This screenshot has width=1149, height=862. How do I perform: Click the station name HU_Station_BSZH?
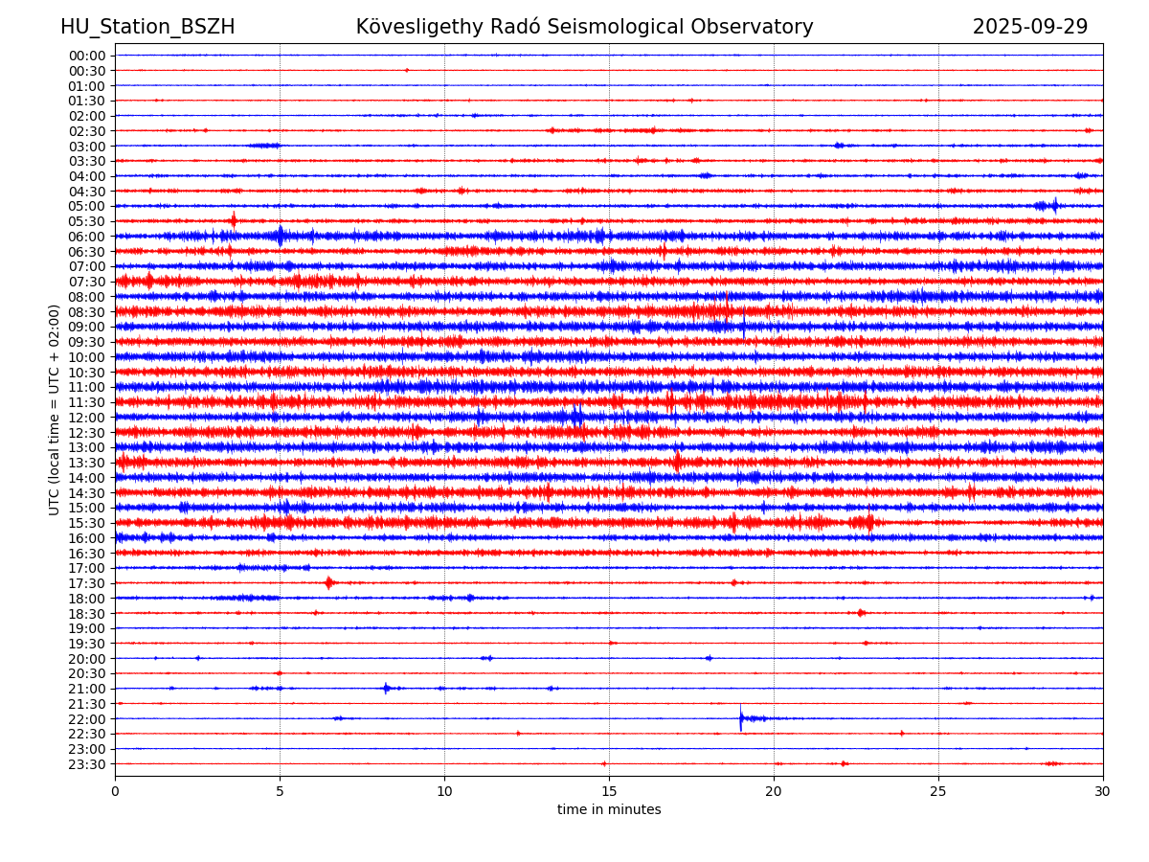point(147,27)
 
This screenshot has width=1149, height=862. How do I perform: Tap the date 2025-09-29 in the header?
point(1030,27)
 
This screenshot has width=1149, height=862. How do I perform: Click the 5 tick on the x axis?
point(280,791)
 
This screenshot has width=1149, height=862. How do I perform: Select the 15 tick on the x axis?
point(609,791)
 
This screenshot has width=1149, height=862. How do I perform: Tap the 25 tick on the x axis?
point(938,791)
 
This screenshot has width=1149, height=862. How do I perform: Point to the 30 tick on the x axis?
point(1103,791)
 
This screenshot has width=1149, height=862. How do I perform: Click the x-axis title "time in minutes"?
point(609,810)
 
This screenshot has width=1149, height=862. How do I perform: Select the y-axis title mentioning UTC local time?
point(55,410)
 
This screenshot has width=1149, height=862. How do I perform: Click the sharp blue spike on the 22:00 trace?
point(740,717)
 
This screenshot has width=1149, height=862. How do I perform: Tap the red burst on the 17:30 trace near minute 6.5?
point(329,582)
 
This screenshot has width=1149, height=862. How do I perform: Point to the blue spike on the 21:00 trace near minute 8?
point(386,688)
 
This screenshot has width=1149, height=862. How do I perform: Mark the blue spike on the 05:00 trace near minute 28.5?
point(1054,204)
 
